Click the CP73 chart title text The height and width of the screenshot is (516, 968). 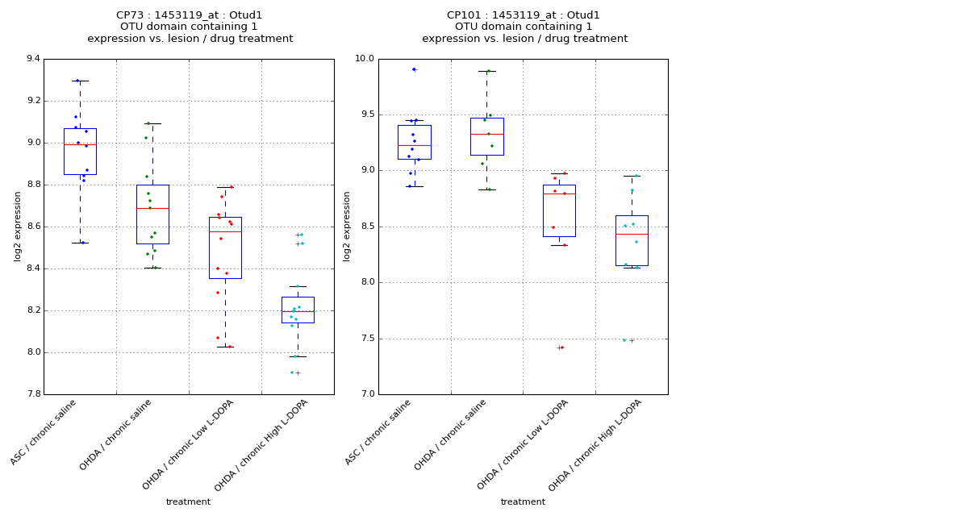[x=190, y=15]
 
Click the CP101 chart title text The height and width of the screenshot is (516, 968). [x=524, y=15]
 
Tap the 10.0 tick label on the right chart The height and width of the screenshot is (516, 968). [x=365, y=59]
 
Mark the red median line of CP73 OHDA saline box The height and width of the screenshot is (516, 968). [x=152, y=208]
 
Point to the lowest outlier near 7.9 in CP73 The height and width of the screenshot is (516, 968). [x=292, y=372]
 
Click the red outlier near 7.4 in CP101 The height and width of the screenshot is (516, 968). [x=562, y=347]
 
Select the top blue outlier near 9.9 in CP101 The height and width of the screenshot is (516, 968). [x=414, y=69]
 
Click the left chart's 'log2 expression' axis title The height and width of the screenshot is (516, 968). [x=18, y=226]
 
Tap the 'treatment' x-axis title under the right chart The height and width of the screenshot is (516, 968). [x=523, y=501]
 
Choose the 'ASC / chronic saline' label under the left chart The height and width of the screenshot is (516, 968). [x=49, y=432]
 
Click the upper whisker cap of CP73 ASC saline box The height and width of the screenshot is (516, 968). [x=80, y=81]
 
